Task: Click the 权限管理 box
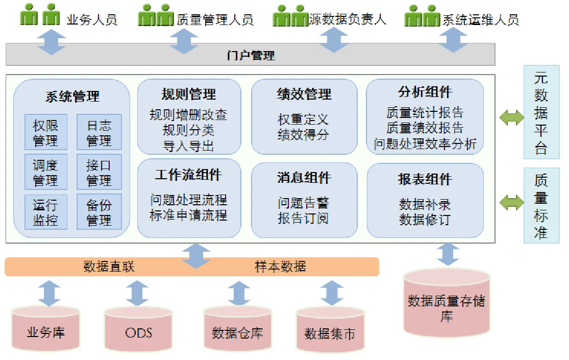click(46, 132)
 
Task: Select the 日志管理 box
click(99, 132)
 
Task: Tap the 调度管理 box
click(46, 172)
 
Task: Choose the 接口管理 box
click(99, 172)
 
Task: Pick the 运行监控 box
click(46, 212)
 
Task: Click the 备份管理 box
click(99, 212)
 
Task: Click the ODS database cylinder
click(138, 329)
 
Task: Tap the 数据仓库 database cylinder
click(238, 329)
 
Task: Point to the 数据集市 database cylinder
click(330, 330)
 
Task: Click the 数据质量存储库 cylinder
click(447, 303)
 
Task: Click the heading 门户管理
click(251, 56)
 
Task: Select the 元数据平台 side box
click(541, 112)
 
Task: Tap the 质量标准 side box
click(541, 206)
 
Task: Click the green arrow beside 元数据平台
click(512, 117)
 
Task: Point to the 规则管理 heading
click(189, 94)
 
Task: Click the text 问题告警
click(303, 202)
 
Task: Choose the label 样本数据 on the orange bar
click(281, 267)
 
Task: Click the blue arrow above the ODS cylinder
click(137, 293)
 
